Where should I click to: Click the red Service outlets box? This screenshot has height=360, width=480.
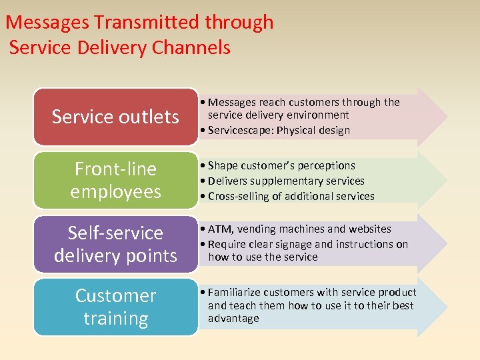[115, 117]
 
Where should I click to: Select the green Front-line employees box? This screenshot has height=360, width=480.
[115, 180]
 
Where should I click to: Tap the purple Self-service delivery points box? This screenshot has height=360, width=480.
[115, 243]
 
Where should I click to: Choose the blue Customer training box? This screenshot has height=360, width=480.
[115, 307]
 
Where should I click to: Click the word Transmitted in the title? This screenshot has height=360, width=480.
[147, 22]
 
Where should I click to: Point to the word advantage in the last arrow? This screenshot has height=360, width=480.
[233, 319]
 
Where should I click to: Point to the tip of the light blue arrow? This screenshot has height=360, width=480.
[445, 307]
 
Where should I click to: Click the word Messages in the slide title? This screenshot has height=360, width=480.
[47, 22]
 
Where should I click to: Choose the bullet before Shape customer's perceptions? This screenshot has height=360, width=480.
[203, 165]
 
